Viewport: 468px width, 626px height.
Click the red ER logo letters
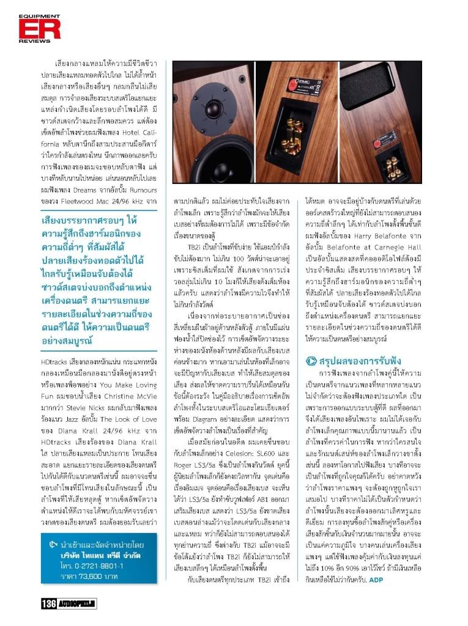pos(31,29)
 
